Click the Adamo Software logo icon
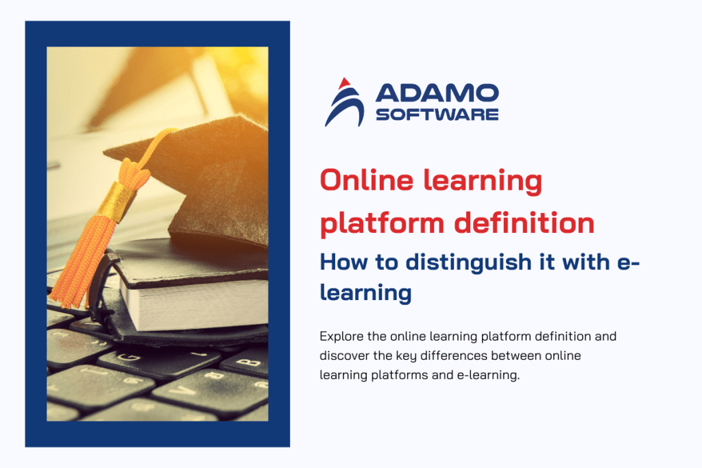pyautogui.click(x=344, y=103)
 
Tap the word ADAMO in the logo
pyautogui.click(x=437, y=94)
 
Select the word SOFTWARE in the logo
pyautogui.click(x=437, y=114)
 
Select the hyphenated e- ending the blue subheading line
pyautogui.click(x=630, y=262)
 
